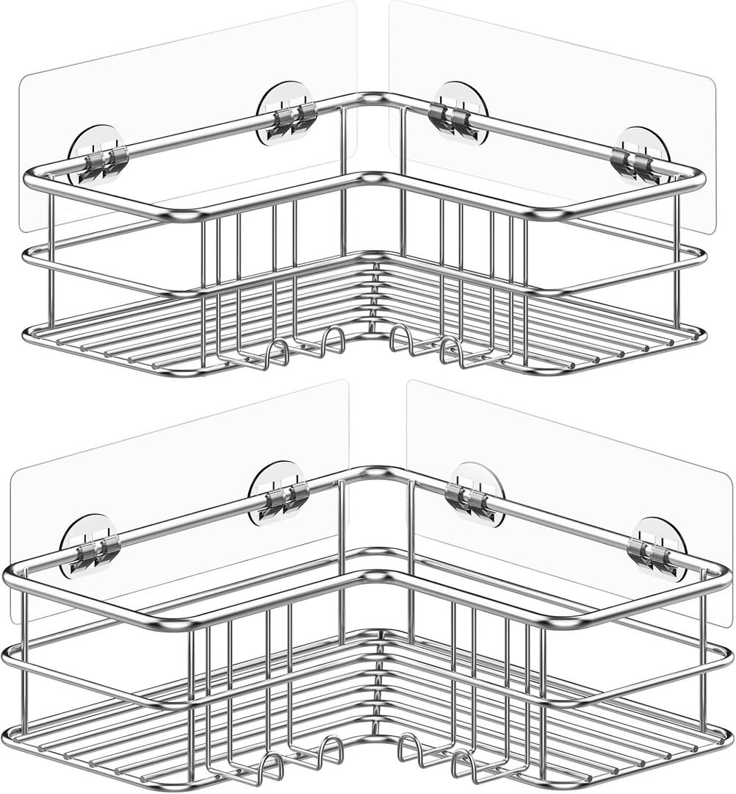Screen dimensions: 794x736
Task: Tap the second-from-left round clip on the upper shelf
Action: pyautogui.click(x=286, y=114)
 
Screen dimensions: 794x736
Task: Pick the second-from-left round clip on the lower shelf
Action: pyautogui.click(x=278, y=493)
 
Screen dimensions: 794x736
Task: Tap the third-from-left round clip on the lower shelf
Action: pyautogui.click(x=477, y=494)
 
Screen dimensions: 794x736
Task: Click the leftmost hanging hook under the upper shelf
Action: pyautogui.click(x=277, y=352)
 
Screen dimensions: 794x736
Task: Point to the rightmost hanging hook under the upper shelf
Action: pyautogui.click(x=450, y=352)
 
